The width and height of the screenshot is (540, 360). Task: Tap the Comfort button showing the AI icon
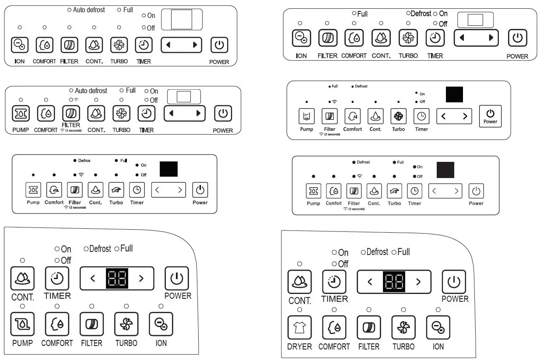pos(352,116)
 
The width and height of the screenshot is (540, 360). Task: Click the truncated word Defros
pos(84,161)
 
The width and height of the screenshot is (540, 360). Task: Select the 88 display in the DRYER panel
pos(394,281)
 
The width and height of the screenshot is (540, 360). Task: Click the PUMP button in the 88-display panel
pos(22,324)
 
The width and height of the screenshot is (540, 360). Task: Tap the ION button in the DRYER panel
pos(438,327)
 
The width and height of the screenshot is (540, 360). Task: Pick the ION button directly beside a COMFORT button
pos(20,44)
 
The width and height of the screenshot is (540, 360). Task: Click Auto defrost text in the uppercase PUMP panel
pos(91,91)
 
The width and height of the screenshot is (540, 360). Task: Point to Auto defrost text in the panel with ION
pos(89,10)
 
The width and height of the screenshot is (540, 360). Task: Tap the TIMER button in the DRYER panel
pos(334,282)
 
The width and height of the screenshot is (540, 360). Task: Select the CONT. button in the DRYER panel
pos(299,282)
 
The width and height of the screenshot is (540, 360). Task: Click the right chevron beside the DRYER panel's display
pos(418,281)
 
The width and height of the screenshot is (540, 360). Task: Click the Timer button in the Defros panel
pos(137,190)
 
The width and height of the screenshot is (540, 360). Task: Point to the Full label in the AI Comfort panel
pos(334,86)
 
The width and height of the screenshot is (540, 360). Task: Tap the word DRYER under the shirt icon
pos(299,346)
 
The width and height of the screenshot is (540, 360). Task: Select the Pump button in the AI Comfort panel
pos(306,116)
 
